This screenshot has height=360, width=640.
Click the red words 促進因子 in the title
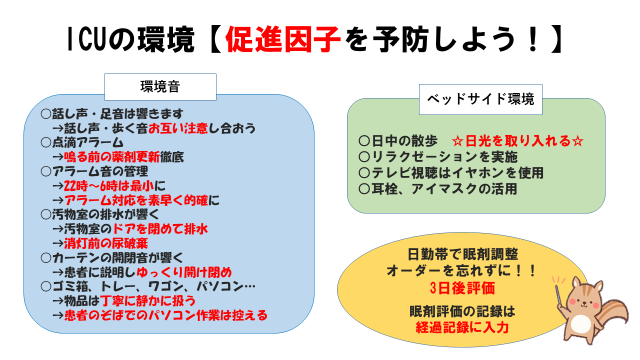(282, 40)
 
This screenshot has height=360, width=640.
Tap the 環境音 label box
(160, 87)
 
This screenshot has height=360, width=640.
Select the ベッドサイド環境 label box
(481, 99)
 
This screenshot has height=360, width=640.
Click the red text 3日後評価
(462, 288)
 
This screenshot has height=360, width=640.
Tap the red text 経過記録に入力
(462, 327)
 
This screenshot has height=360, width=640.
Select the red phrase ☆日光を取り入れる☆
(518, 141)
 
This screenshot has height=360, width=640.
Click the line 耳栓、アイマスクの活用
(438, 189)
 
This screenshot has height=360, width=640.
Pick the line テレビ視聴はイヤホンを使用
(451, 173)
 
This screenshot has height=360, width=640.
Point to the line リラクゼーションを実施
(438, 157)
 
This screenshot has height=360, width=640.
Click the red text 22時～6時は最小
(109, 186)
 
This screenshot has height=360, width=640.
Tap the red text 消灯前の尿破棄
(106, 243)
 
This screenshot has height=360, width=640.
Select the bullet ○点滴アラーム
(82, 142)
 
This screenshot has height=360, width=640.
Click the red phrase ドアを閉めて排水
(160, 229)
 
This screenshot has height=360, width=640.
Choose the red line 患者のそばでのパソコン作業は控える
(166, 315)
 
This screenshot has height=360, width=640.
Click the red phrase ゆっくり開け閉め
(184, 272)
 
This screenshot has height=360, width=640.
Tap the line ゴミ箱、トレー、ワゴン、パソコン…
(148, 286)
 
